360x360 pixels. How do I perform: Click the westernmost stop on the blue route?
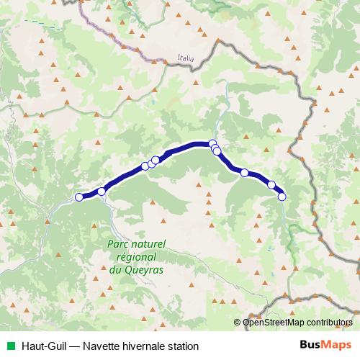pos(79,197)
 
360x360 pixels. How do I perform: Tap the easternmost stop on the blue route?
pos(282,196)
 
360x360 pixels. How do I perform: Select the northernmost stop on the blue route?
pos(212,143)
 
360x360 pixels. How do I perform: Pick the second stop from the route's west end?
pos(102,191)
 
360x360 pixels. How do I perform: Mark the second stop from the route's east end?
pos(271,185)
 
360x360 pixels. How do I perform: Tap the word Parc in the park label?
pos(118,246)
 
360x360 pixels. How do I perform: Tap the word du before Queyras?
pos(115,270)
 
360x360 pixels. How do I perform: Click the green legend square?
pos(9,346)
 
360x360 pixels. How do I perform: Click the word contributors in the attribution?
pos(328,322)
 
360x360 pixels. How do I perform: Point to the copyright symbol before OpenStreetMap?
pos(239,322)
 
